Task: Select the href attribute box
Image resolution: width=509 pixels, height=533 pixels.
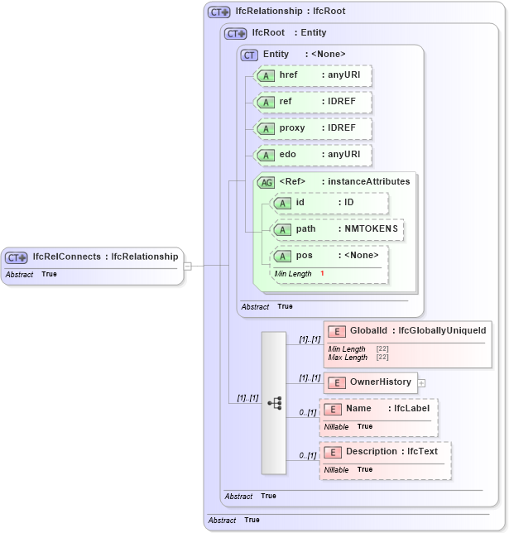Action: [314, 76]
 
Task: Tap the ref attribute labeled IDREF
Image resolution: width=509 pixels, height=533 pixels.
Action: [314, 103]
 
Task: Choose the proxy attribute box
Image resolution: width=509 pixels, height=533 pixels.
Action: [314, 129]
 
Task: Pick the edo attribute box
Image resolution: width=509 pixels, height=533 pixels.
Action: [314, 156]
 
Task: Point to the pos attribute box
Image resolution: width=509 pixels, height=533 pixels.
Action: [330, 257]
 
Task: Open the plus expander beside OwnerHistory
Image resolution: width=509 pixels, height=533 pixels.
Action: [421, 382]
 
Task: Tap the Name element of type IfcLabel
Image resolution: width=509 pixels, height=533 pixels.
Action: [378, 410]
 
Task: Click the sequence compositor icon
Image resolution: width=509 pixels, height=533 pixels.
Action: [274, 402]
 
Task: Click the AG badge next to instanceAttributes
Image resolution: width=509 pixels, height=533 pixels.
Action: [267, 182]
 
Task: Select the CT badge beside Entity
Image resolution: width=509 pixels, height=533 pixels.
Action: [249, 55]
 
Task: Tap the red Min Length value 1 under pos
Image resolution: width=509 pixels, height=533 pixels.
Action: [322, 273]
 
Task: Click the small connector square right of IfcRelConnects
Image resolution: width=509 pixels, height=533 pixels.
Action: [188, 266]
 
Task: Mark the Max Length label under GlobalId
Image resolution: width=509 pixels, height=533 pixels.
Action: [348, 358]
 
